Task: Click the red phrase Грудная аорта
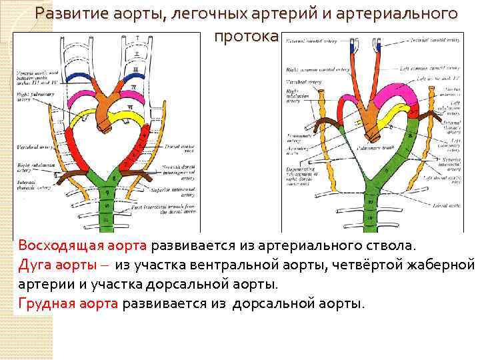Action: pyautogui.click(x=68, y=304)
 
